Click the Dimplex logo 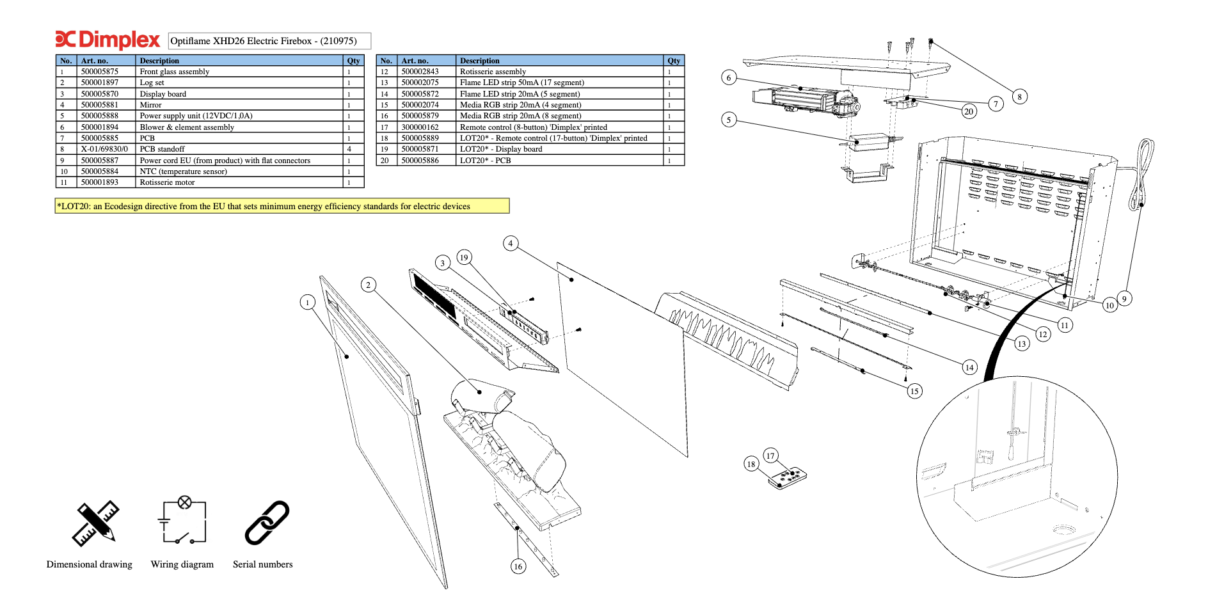tap(107, 40)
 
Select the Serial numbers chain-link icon tap(267, 522)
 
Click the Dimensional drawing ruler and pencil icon tap(96, 523)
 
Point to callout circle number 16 tap(518, 566)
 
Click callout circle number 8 tap(1019, 97)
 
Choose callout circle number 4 tap(510, 243)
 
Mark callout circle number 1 tap(308, 302)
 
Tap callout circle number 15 tap(914, 391)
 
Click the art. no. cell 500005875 tap(100, 72)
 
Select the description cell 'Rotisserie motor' tap(167, 182)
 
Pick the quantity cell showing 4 tap(349, 149)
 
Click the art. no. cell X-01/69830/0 tap(104, 149)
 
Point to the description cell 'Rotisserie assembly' tap(493, 72)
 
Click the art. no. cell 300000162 tap(420, 127)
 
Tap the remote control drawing tap(788, 478)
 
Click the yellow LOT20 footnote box tap(282, 206)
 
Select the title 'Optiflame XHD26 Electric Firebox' tap(269, 41)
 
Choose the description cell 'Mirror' tap(150, 105)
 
